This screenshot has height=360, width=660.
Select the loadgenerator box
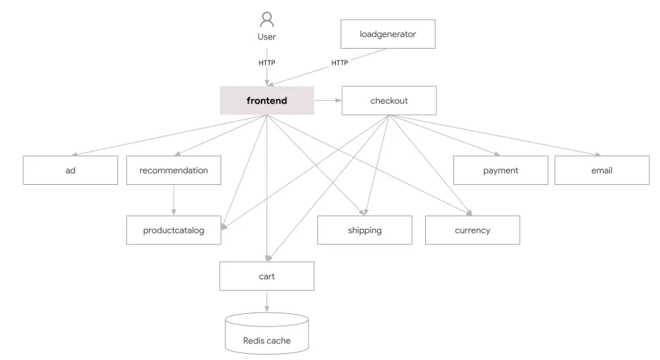coord(388,34)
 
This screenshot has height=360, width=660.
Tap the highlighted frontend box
coord(266,100)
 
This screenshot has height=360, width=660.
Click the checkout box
coord(389,100)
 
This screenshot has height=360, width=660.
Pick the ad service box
coord(70,170)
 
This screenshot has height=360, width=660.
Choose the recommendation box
coord(174,170)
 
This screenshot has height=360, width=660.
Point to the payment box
coord(501,170)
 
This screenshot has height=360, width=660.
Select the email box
coord(602,170)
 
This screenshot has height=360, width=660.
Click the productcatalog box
coord(174,230)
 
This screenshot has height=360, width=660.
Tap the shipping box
coord(365,230)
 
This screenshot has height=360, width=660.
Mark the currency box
coord(473,230)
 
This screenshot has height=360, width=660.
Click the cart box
coord(266,275)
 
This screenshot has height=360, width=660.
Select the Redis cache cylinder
coord(266,334)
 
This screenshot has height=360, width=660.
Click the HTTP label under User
coord(266,63)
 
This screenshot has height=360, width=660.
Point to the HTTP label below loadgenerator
coord(340,63)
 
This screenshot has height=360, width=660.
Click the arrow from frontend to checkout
coord(328,100)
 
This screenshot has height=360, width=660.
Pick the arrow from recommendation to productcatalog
coord(174,200)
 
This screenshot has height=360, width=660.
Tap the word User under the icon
coord(266,37)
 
